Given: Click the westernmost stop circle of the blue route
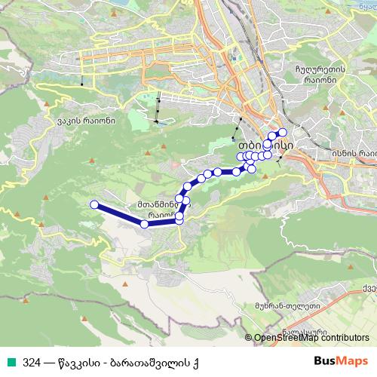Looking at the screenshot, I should pos(94,204).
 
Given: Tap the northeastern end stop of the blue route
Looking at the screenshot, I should pos(283,133).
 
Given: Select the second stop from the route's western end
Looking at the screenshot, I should pos(144,223).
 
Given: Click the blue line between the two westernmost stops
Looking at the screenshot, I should pos(119,214).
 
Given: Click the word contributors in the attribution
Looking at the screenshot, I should pos(346,338).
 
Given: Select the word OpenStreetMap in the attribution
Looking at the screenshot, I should pos(287,338).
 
